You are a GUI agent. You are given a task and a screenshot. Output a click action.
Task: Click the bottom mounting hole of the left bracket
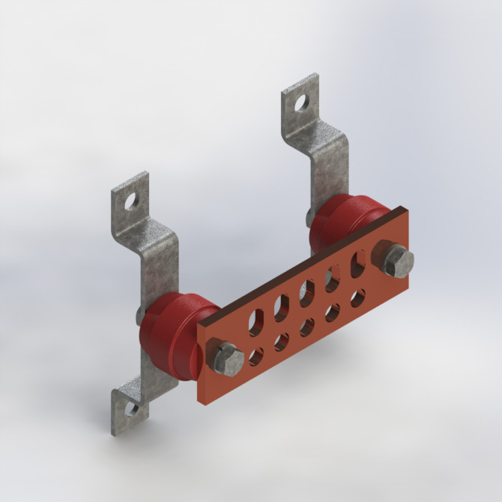pyautogui.click(x=132, y=409)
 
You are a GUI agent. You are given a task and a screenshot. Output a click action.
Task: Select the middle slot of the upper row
pyautogui.click(x=307, y=293)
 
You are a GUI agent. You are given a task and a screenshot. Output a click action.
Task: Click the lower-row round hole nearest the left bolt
pyautogui.click(x=257, y=357)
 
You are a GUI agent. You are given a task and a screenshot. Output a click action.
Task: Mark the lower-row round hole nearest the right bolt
pyautogui.click(x=358, y=298)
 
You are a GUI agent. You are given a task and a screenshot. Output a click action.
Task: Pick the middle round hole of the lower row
pyautogui.click(x=307, y=327)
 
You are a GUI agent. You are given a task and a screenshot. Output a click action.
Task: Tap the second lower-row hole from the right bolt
pyautogui.click(x=333, y=312)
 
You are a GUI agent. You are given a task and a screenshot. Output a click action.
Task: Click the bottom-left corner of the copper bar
pyautogui.click(x=202, y=402)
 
